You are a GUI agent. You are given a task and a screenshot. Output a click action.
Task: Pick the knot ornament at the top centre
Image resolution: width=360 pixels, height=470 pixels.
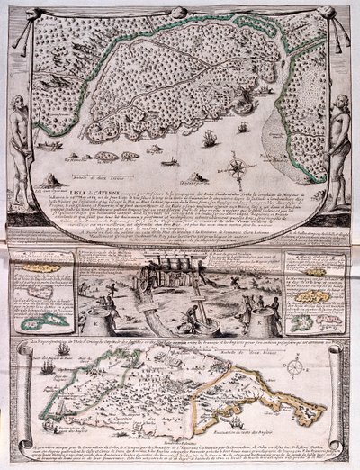(x=180, y=8)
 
